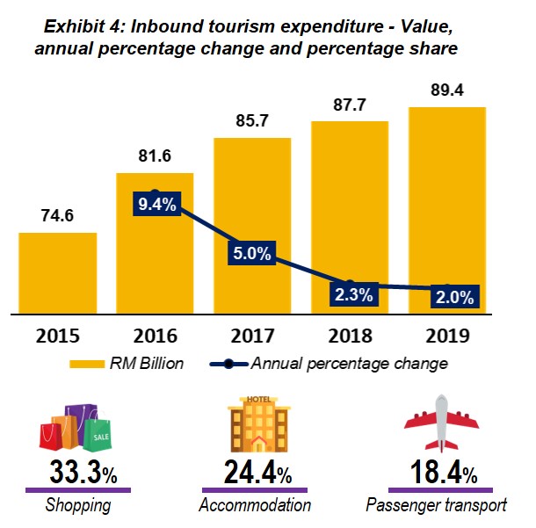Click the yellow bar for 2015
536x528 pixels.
pyautogui.click(x=58, y=272)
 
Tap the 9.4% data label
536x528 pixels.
pyautogui.click(x=156, y=205)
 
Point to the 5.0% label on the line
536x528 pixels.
pyautogui.click(x=253, y=255)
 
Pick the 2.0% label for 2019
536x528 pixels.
pyautogui.click(x=453, y=297)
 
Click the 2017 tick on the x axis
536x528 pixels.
pyautogui.click(x=252, y=336)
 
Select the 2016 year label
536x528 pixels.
pyautogui.click(x=156, y=336)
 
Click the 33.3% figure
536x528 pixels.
pyautogui.click(x=78, y=474)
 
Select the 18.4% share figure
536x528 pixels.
pyautogui.click(x=436, y=474)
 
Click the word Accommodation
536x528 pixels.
pyautogui.click(x=255, y=505)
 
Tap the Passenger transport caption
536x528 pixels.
pyautogui.click(x=436, y=505)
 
